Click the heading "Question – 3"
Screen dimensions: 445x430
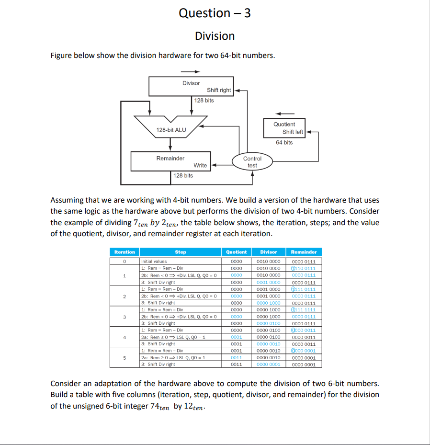click(215, 13)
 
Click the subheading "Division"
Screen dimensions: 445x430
click(215, 36)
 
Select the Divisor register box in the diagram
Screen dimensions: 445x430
click(191, 86)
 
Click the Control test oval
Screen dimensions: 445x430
click(252, 162)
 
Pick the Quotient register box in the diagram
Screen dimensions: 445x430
click(284, 127)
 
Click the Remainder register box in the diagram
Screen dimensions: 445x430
click(170, 161)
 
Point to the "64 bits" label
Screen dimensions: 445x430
click(284, 142)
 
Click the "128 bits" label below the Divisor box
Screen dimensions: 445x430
click(204, 100)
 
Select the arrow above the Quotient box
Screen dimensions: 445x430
click(284, 114)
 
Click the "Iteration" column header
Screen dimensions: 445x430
click(124, 252)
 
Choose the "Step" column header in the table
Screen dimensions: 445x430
click(181, 252)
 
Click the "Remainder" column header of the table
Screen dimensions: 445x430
click(304, 252)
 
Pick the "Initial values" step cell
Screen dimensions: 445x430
click(154, 262)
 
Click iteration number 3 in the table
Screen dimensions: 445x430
click(124, 317)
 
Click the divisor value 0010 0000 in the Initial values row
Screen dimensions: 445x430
click(269, 262)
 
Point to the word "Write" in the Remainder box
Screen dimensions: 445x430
click(200, 165)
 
